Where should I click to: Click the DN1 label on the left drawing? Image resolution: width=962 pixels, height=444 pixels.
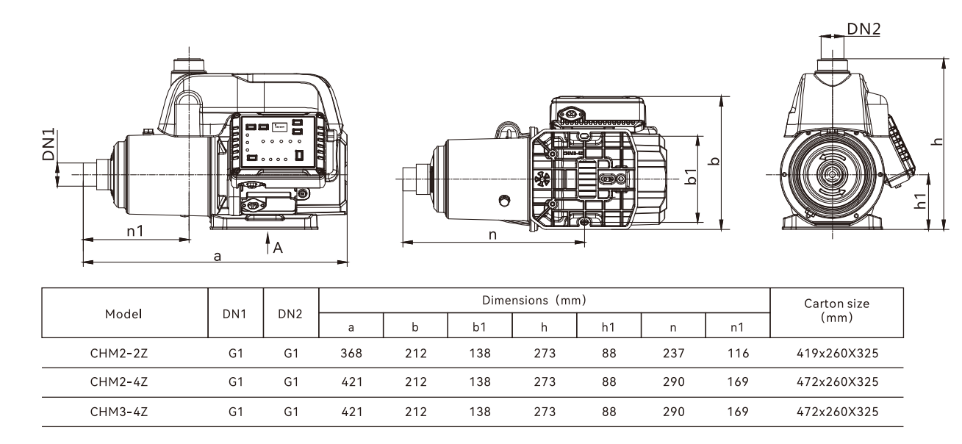[x=49, y=144]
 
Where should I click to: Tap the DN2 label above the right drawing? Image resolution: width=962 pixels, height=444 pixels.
[x=864, y=29]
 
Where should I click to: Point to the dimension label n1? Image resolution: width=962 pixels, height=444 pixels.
[x=135, y=231]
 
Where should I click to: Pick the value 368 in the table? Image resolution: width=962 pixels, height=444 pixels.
[x=351, y=354]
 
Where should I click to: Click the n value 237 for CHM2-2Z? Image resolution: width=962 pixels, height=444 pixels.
[x=672, y=354]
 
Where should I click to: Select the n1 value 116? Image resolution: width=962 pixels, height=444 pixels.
[x=737, y=354]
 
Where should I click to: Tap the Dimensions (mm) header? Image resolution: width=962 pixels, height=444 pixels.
[x=544, y=301]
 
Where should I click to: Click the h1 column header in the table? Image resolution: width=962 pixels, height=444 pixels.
[x=608, y=326]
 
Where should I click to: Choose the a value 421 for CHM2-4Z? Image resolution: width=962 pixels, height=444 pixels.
[x=351, y=383]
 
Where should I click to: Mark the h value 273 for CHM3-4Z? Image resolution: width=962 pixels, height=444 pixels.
[x=543, y=412]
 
